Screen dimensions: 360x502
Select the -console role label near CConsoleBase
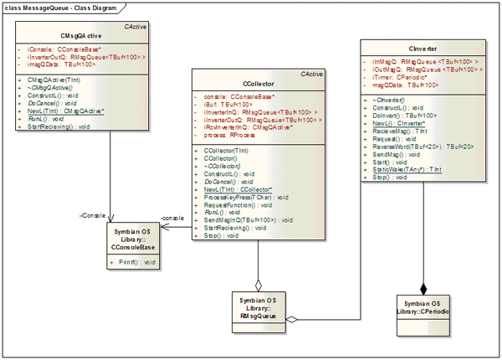pos(172,218)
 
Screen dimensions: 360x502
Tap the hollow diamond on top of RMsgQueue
pos(259,284)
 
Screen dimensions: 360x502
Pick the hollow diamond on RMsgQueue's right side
pos(292,319)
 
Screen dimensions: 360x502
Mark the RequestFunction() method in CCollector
pos(238,204)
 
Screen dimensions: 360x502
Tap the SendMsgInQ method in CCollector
pos(247,219)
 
